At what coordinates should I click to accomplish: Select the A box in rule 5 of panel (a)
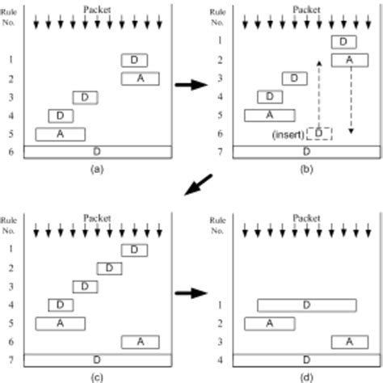(60, 134)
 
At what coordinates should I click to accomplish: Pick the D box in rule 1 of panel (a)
(134, 60)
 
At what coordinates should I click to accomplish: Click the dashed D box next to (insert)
(320, 132)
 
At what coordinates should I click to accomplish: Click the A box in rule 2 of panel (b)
(344, 60)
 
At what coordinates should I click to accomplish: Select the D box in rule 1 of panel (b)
(343, 41)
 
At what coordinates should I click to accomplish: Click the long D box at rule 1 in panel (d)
(307, 305)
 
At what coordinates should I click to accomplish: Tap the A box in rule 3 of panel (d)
(344, 342)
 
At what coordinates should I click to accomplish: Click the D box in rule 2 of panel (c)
(110, 268)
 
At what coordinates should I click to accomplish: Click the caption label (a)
(97, 170)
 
